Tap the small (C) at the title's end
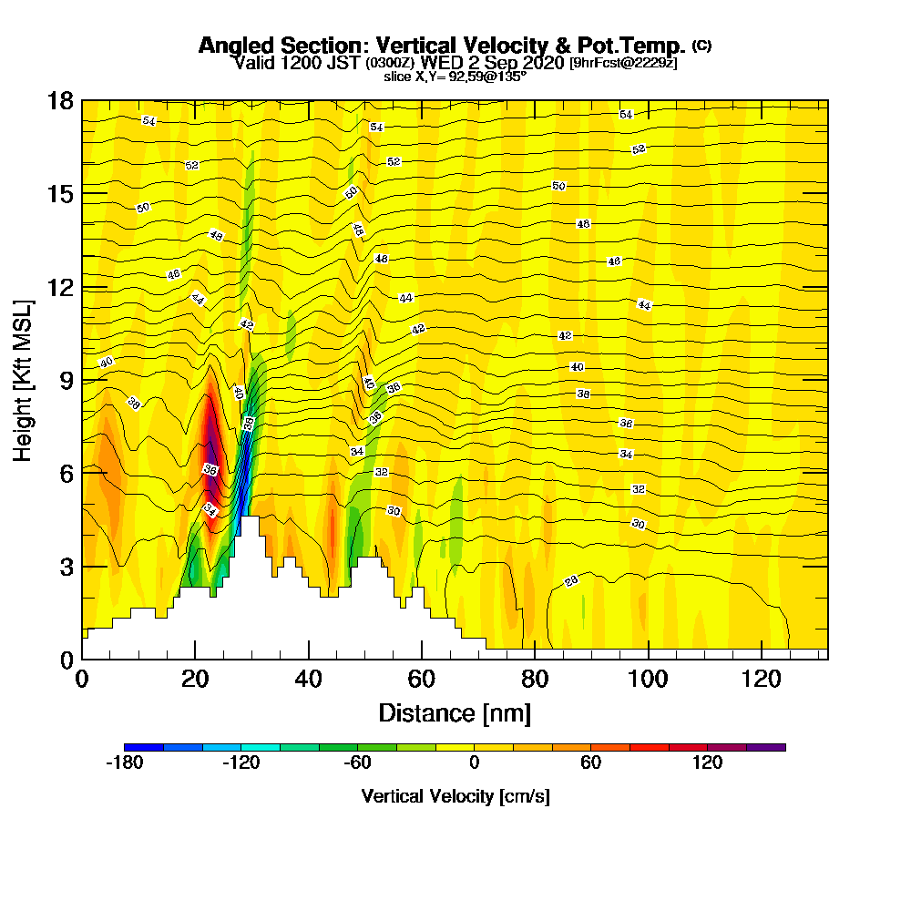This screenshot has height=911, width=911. click(701, 45)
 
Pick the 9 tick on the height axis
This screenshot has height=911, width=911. click(67, 380)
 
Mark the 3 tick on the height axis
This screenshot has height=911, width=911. click(67, 567)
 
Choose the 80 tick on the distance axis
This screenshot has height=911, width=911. click(534, 679)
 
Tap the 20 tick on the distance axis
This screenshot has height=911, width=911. click(195, 679)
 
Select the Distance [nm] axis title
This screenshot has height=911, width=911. click(455, 712)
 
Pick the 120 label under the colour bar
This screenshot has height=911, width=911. click(707, 763)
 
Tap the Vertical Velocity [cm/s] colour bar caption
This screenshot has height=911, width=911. click(455, 796)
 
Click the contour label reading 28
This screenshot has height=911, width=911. click(571, 581)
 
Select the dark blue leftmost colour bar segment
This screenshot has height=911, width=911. click(144, 747)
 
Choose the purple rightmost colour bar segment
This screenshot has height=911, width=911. click(765, 747)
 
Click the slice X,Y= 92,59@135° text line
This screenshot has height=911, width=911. click(455, 77)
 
